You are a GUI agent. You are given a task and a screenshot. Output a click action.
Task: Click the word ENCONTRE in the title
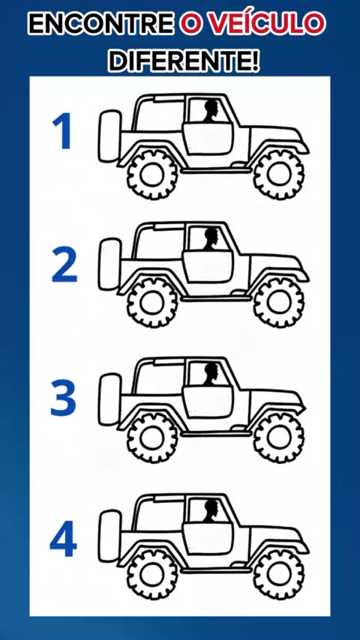[x=101, y=24]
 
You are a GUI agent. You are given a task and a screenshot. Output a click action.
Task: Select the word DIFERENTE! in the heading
[x=184, y=61]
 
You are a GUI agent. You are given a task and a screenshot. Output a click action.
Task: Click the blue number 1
[x=62, y=130]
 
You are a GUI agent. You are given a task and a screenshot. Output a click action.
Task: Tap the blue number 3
[x=63, y=398]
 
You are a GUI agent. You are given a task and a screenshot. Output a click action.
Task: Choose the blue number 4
[x=63, y=538]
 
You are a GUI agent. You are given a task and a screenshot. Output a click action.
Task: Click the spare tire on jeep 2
[x=110, y=265]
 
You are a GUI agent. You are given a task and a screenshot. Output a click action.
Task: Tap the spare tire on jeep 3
[x=110, y=399]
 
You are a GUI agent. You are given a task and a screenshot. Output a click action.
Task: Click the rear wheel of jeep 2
[x=152, y=303]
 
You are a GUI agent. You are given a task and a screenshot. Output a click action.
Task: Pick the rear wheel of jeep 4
[x=152, y=574]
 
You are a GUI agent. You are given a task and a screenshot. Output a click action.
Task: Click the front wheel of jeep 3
[x=279, y=438]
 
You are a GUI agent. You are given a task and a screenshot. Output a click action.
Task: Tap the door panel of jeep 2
[x=208, y=268]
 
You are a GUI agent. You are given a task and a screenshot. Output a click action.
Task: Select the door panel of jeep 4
[x=208, y=539]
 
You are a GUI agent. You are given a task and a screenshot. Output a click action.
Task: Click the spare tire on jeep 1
[x=110, y=136]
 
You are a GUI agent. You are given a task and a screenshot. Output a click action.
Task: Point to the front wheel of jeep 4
[x=279, y=574]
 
